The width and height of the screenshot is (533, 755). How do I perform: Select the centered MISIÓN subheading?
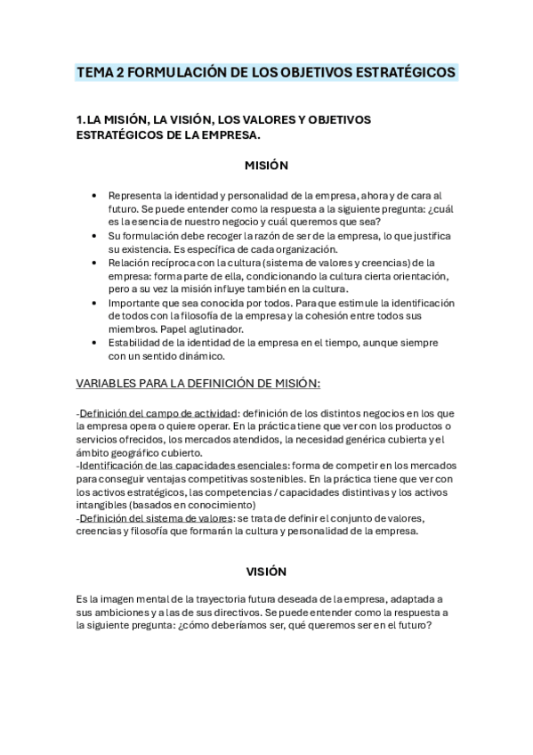pos(266,165)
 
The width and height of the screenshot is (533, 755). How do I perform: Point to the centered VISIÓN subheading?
pos(266,571)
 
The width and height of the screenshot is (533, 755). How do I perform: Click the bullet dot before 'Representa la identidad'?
pos(95,196)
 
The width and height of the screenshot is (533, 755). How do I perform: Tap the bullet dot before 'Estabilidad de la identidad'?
pos(95,343)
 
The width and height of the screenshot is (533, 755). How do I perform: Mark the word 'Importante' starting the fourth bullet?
pos(134,303)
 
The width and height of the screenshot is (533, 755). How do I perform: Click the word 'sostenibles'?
pos(247,478)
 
